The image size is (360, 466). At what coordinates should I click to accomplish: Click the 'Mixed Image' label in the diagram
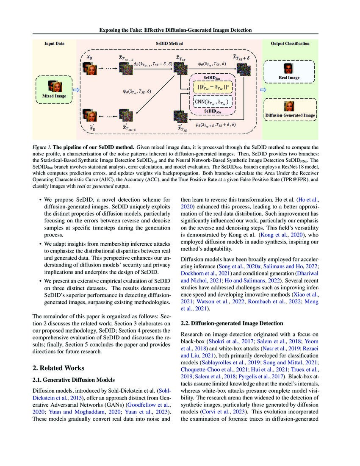click(55, 97)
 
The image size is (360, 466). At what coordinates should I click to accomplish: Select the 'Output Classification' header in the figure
click(290, 43)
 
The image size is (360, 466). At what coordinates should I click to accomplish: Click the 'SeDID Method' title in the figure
click(169, 43)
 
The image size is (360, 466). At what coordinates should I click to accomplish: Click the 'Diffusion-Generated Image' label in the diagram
click(290, 115)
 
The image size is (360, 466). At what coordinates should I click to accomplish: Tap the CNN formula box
click(211, 102)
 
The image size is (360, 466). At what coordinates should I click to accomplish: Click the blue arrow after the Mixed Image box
click(77, 90)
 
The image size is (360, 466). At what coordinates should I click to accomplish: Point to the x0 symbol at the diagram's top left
click(89, 57)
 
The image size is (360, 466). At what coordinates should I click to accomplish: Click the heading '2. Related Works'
click(61, 368)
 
